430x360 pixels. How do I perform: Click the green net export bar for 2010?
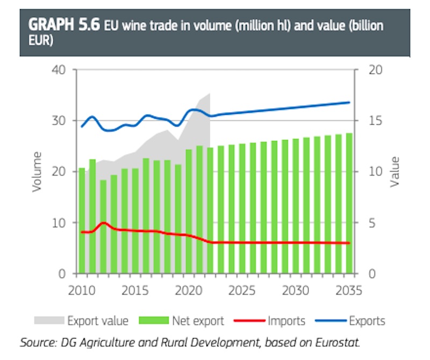pos(82,220)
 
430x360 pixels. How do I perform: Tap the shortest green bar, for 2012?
pos(103,226)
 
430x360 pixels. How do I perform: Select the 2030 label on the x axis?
pos(296,291)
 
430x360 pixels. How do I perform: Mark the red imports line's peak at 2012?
pos(104,222)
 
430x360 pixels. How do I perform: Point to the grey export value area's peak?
pos(210,94)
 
